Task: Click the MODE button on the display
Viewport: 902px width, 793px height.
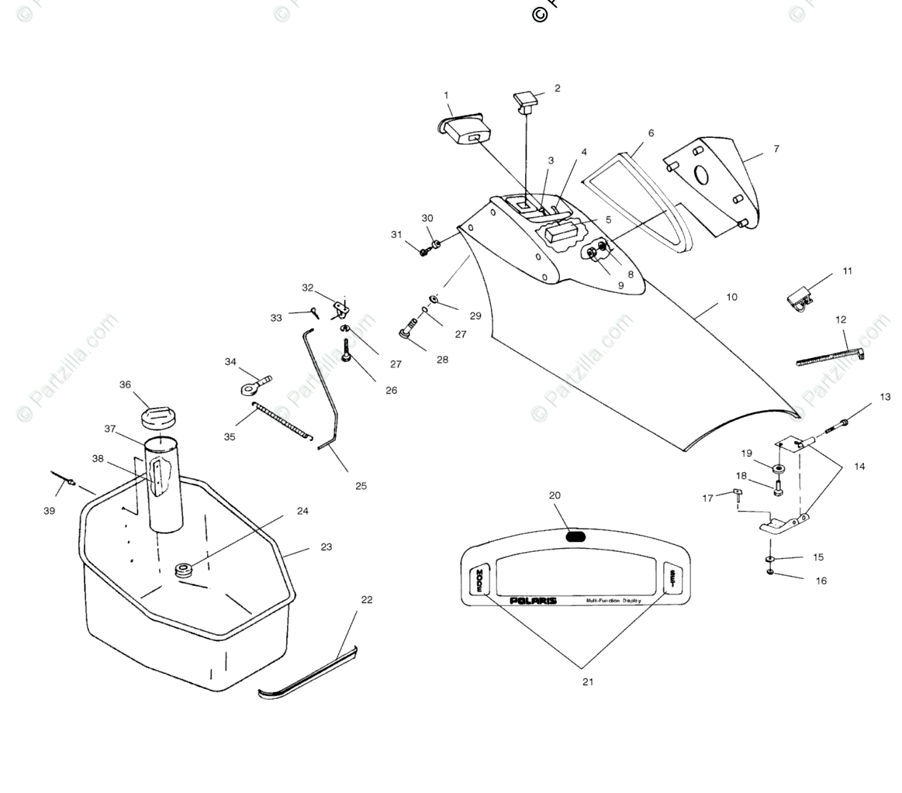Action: (479, 580)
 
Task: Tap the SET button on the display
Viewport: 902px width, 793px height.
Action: (672, 578)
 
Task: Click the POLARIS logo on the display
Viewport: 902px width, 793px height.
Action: (533, 601)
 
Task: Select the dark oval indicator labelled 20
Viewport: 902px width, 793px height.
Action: (575, 536)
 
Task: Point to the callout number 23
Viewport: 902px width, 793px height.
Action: (327, 547)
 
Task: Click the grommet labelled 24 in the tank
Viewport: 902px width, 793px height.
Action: (184, 571)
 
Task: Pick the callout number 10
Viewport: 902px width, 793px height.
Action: (731, 297)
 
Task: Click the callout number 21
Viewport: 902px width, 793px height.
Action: (588, 682)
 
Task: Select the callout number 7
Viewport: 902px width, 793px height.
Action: (776, 149)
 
